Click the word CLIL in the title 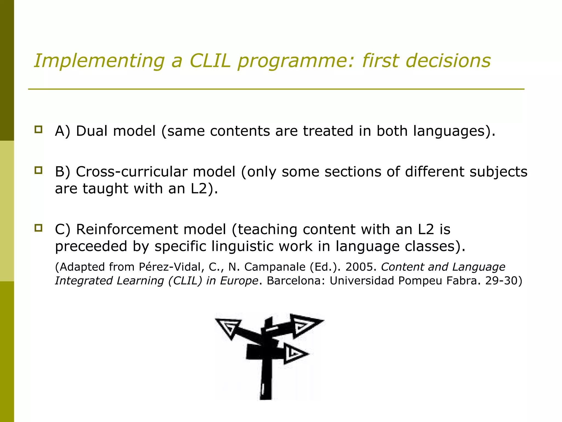[210, 61]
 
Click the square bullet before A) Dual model [38, 129]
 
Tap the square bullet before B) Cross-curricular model [38, 170]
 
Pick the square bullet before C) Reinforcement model [38, 228]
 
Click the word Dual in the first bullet [92, 131]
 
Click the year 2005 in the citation [359, 267]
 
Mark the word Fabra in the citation [463, 281]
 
